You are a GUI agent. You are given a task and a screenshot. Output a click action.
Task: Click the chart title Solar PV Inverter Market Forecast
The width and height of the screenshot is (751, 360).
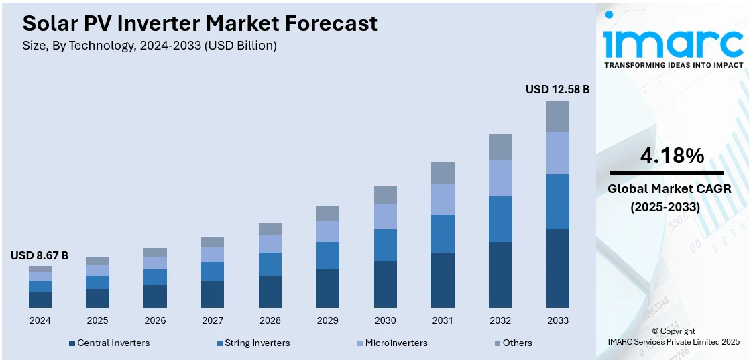200,23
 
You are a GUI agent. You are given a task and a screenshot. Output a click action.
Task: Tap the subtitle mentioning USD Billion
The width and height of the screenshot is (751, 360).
150,46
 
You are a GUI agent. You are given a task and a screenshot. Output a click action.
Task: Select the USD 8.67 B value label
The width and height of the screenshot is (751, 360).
40,255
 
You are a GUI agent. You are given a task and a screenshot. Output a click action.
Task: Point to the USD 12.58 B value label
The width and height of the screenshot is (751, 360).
557,89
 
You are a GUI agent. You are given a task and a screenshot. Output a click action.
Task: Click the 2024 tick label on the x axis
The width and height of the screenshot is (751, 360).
40,320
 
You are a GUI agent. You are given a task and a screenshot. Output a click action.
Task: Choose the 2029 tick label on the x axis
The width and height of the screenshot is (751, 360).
328,320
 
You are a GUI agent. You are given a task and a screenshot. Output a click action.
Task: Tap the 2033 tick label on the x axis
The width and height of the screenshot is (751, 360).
557,320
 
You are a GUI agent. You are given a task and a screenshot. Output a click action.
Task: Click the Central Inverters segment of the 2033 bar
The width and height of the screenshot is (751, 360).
557,268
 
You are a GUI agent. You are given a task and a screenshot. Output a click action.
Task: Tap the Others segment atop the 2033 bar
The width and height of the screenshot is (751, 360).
557,116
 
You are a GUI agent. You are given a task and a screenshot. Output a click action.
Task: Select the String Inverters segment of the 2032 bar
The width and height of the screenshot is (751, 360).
500,219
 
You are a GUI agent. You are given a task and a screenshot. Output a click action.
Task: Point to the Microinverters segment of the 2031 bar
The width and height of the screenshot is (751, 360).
443,199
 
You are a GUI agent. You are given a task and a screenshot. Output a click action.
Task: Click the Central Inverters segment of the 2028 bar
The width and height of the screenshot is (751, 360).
270,292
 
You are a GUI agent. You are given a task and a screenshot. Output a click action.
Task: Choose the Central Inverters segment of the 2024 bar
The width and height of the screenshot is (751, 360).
40,300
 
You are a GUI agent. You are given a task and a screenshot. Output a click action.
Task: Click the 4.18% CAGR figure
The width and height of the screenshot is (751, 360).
672,156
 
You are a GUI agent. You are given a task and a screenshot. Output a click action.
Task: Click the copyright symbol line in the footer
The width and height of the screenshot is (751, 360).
673,331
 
